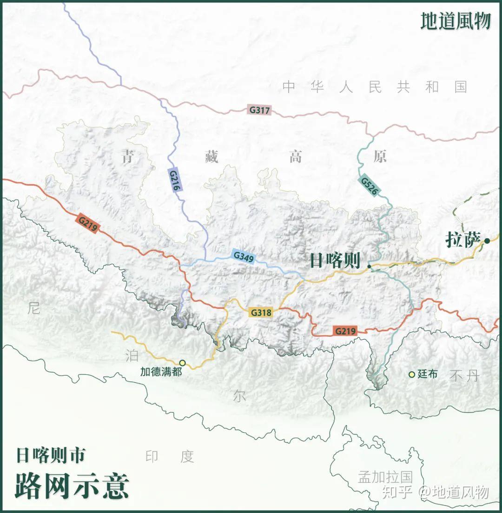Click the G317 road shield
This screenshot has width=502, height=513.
pos(259,111)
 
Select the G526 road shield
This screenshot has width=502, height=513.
pos(368,186)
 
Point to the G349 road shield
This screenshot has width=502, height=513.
pos(244,256)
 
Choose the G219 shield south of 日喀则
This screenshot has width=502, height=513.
pos(345,331)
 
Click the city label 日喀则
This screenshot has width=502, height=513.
pos(335,261)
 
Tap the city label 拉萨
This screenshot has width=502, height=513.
pos(462,240)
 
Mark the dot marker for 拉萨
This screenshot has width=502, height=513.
pos(487,240)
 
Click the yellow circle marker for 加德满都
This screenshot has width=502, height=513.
pos(182,363)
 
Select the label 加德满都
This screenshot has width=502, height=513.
pos(161,372)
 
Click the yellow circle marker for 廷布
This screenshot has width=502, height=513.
pos(411,374)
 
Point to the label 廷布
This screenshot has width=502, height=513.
pos(427,374)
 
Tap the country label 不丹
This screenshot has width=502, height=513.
pos(464,376)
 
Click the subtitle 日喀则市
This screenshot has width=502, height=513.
pos(51,455)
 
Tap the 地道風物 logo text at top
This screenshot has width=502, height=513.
pos(456,21)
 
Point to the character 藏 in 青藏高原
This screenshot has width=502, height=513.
pos(211,157)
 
